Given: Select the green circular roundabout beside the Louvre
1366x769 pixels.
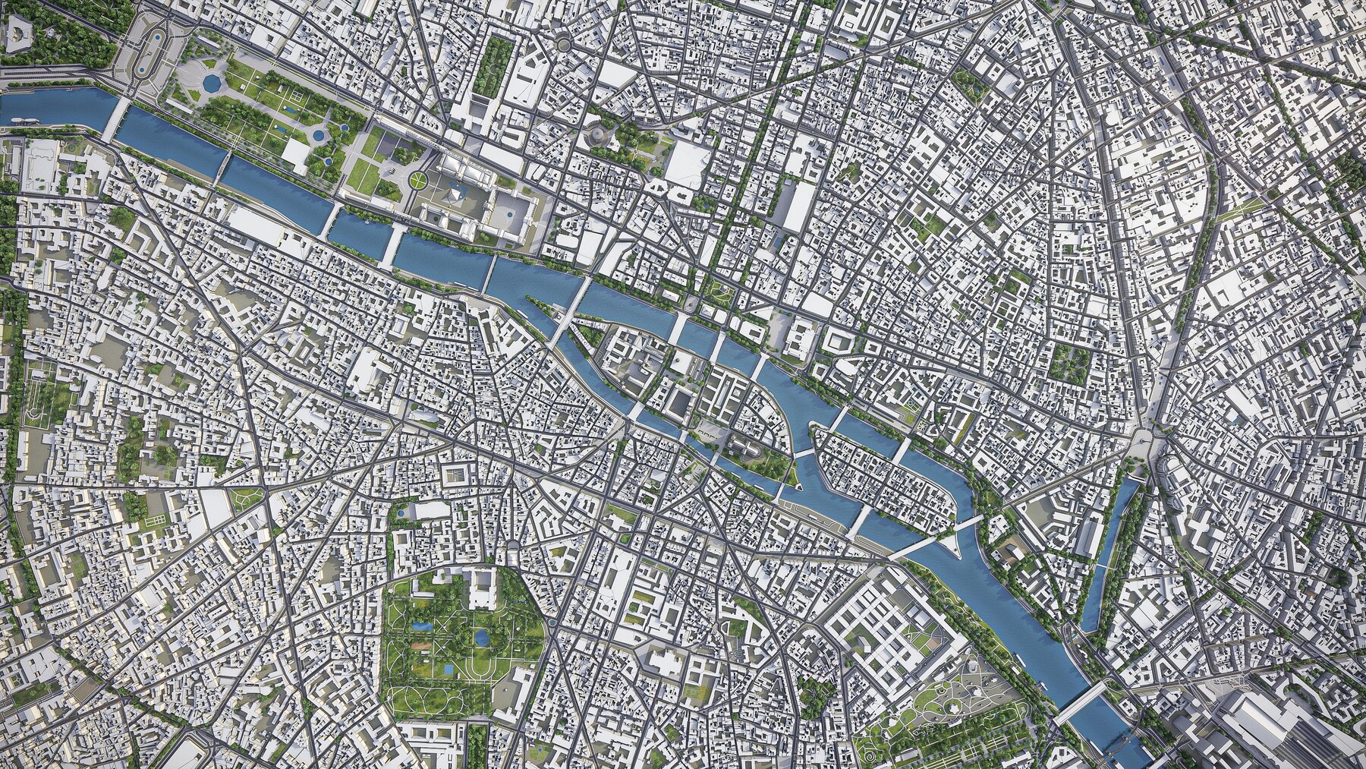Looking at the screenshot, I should [417, 181].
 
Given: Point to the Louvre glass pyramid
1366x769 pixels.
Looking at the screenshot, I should [454, 197].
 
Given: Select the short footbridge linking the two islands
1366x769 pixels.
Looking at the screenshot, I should [802, 455].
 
